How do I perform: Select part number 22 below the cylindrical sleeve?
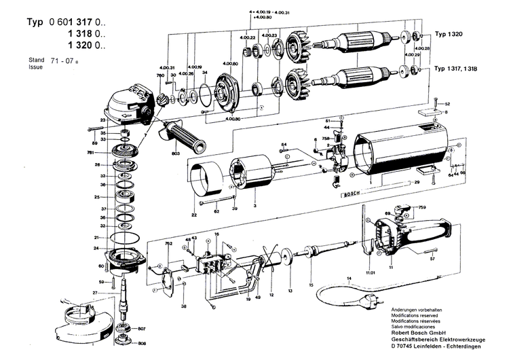pyautogui.click(x=193, y=215)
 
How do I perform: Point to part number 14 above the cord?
pyautogui.click(x=349, y=278)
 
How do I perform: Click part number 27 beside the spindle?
pyautogui.click(x=95, y=293)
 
